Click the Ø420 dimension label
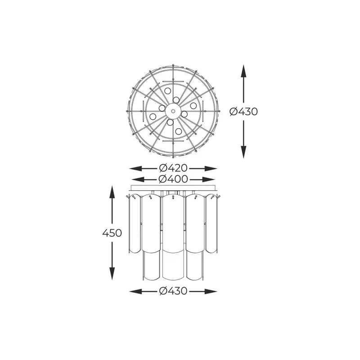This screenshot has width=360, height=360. (x=173, y=168)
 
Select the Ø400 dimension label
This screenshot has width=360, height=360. (x=173, y=179)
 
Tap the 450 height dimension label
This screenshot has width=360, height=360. (x=112, y=233)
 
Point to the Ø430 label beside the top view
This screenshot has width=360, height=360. (x=243, y=112)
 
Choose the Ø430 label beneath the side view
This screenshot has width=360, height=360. (x=173, y=291)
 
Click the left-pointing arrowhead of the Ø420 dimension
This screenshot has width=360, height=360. (x=134, y=168)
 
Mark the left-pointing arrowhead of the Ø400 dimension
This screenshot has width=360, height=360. (x=136, y=179)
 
